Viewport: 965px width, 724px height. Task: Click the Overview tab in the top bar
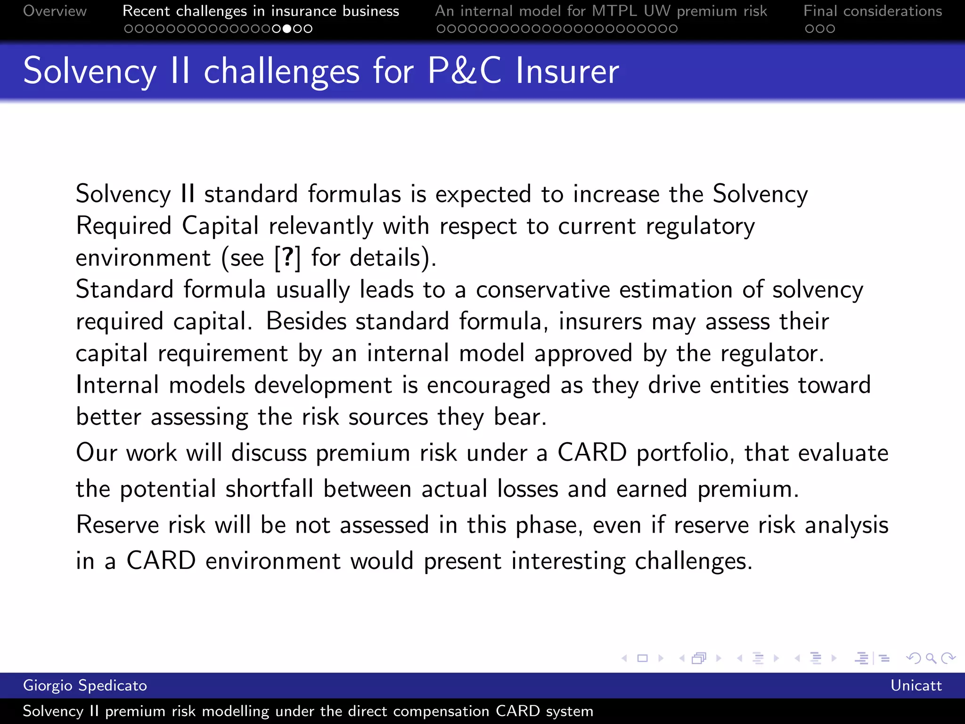[x=55, y=11]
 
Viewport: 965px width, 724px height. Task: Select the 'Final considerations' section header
[x=873, y=11]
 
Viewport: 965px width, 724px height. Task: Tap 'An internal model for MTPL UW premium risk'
[x=601, y=11]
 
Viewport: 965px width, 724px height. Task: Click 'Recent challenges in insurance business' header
[x=261, y=11]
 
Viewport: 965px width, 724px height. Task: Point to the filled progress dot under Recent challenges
[x=287, y=29]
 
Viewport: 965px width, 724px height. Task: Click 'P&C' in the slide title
[x=464, y=71]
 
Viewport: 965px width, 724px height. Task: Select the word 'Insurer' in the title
[x=567, y=71]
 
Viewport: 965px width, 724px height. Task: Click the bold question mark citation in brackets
[x=287, y=258]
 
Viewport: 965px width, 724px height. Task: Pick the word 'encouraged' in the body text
[x=488, y=386]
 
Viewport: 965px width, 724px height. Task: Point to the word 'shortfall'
[x=269, y=489]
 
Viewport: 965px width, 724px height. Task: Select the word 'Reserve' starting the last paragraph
[x=117, y=525]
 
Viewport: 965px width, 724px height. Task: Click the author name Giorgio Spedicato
[x=85, y=685]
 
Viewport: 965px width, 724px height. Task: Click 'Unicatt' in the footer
[x=916, y=685]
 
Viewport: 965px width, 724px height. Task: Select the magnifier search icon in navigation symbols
[x=931, y=658]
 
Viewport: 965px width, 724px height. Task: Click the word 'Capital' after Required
[x=220, y=226]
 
